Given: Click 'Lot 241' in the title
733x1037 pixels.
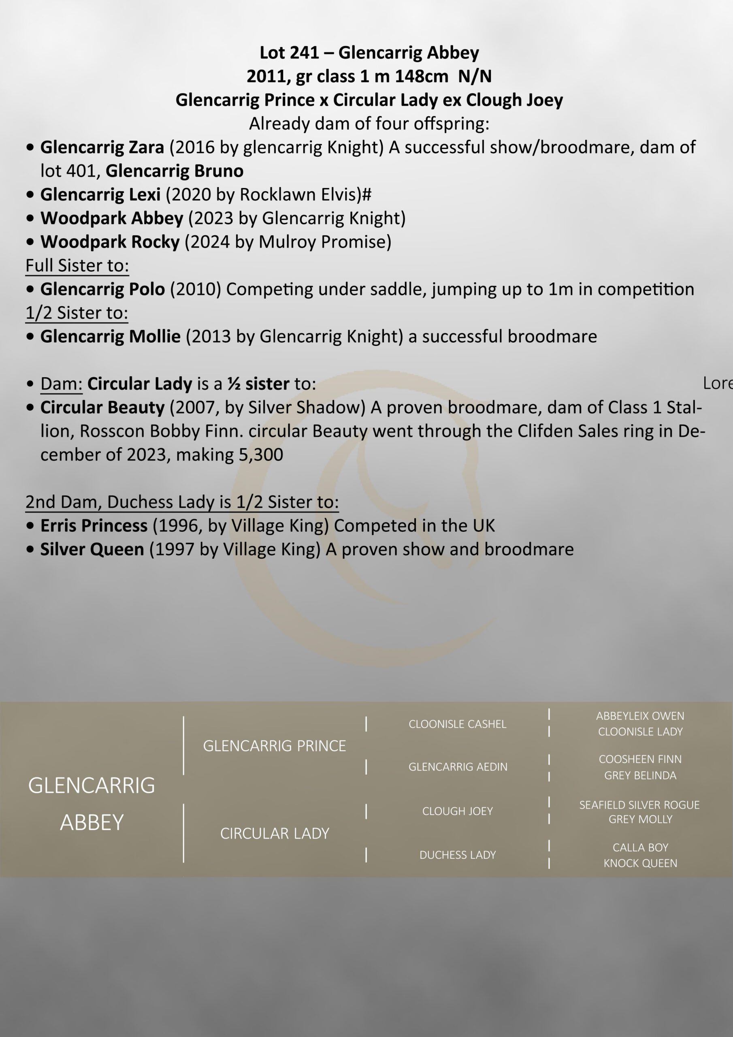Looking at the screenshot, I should [x=289, y=53].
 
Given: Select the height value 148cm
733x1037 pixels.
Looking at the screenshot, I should [x=421, y=76].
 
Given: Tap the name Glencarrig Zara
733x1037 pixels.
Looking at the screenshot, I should [x=102, y=147].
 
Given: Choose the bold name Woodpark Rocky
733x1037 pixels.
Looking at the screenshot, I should [x=110, y=242].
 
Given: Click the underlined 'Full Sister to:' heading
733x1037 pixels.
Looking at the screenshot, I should [x=77, y=266].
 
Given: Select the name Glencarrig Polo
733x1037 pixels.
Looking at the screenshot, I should [x=102, y=290].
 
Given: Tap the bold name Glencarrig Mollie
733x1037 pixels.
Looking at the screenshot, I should [x=110, y=337].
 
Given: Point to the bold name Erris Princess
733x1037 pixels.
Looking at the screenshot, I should [x=94, y=526].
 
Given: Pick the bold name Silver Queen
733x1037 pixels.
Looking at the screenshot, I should [x=92, y=550].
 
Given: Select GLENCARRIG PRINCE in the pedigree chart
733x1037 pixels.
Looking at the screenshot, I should [x=274, y=746].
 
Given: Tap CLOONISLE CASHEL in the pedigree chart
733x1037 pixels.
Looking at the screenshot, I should [x=457, y=724].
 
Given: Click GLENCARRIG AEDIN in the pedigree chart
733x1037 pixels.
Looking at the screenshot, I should [x=458, y=767].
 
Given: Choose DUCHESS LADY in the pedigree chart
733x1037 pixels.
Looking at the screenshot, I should [x=457, y=855].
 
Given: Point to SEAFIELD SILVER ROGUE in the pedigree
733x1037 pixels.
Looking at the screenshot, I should [x=639, y=805].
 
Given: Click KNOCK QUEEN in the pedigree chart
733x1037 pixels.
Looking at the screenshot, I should [x=640, y=863].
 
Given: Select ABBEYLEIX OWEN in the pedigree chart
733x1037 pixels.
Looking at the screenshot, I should [x=639, y=716].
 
